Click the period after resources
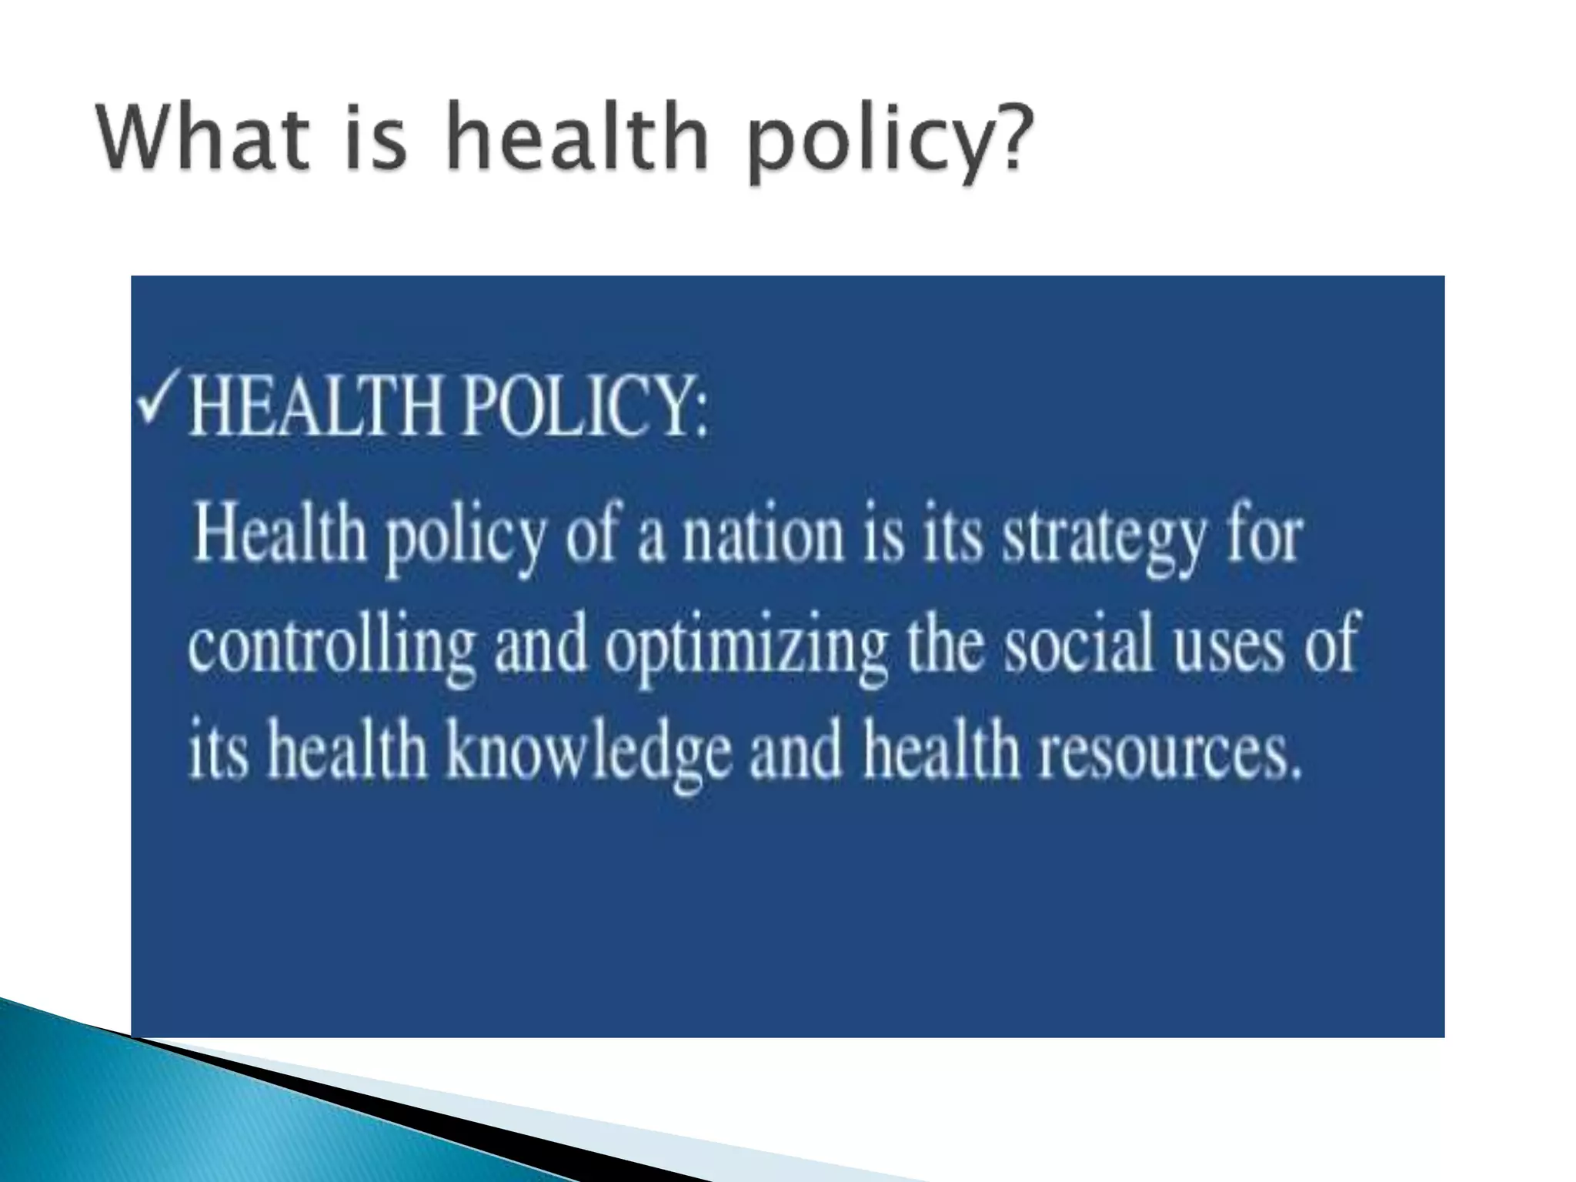click(x=1294, y=770)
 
